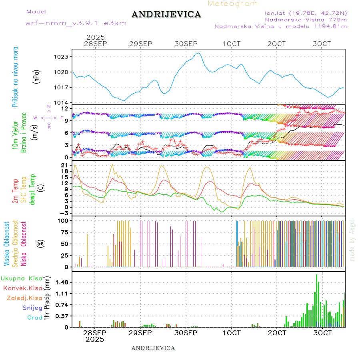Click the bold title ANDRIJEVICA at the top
click(x=166, y=15)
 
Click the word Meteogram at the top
click(x=233, y=4)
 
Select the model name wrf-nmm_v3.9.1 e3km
click(x=76, y=23)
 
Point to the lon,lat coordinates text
click(x=303, y=13)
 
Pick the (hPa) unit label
click(x=37, y=76)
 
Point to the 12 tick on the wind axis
click(x=64, y=108)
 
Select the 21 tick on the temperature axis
click(x=64, y=165)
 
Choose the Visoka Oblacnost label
click(x=7, y=243)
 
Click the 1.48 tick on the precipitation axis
click(x=61, y=282)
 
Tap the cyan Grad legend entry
click(x=34, y=318)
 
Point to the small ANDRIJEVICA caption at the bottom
click(x=153, y=348)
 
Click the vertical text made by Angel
click(x=352, y=240)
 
